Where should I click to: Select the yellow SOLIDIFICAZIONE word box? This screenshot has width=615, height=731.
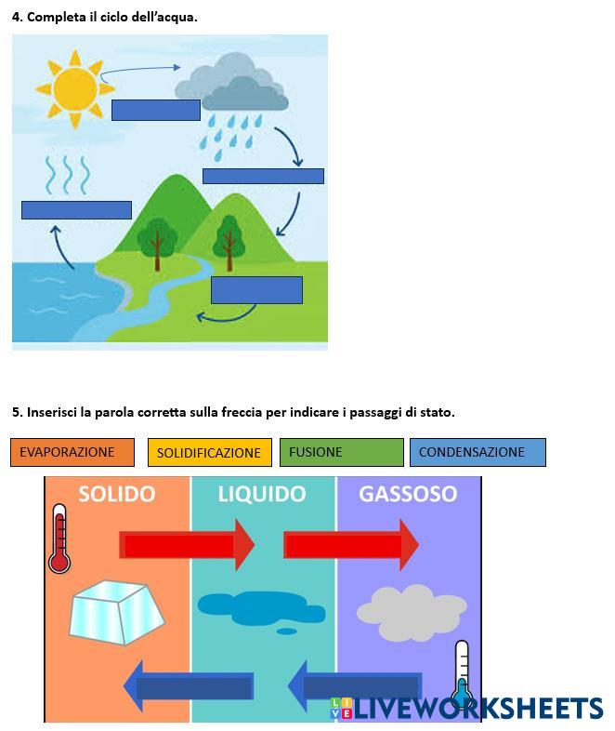tap(209, 452)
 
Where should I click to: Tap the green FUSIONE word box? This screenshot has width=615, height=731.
tap(341, 452)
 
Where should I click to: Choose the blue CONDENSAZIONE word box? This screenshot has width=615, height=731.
tap(477, 452)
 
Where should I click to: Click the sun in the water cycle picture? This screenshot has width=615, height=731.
tap(75, 86)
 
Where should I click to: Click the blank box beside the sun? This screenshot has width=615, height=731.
tap(155, 110)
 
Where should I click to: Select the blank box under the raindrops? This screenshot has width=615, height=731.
tap(263, 176)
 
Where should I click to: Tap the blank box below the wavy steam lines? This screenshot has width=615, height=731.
tap(76, 210)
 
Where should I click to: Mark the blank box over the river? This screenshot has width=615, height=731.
tap(256, 290)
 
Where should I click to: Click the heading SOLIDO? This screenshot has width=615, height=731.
tap(116, 494)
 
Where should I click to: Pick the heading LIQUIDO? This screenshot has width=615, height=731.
tap(262, 494)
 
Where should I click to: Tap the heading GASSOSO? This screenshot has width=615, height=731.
tap(408, 494)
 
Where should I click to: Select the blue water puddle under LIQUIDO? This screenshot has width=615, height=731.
tap(248, 609)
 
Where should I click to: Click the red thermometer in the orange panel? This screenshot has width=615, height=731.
tap(60, 539)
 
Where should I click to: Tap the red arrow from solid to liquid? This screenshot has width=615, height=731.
tap(186, 545)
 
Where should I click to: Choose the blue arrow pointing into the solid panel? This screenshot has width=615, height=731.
tap(190, 686)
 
